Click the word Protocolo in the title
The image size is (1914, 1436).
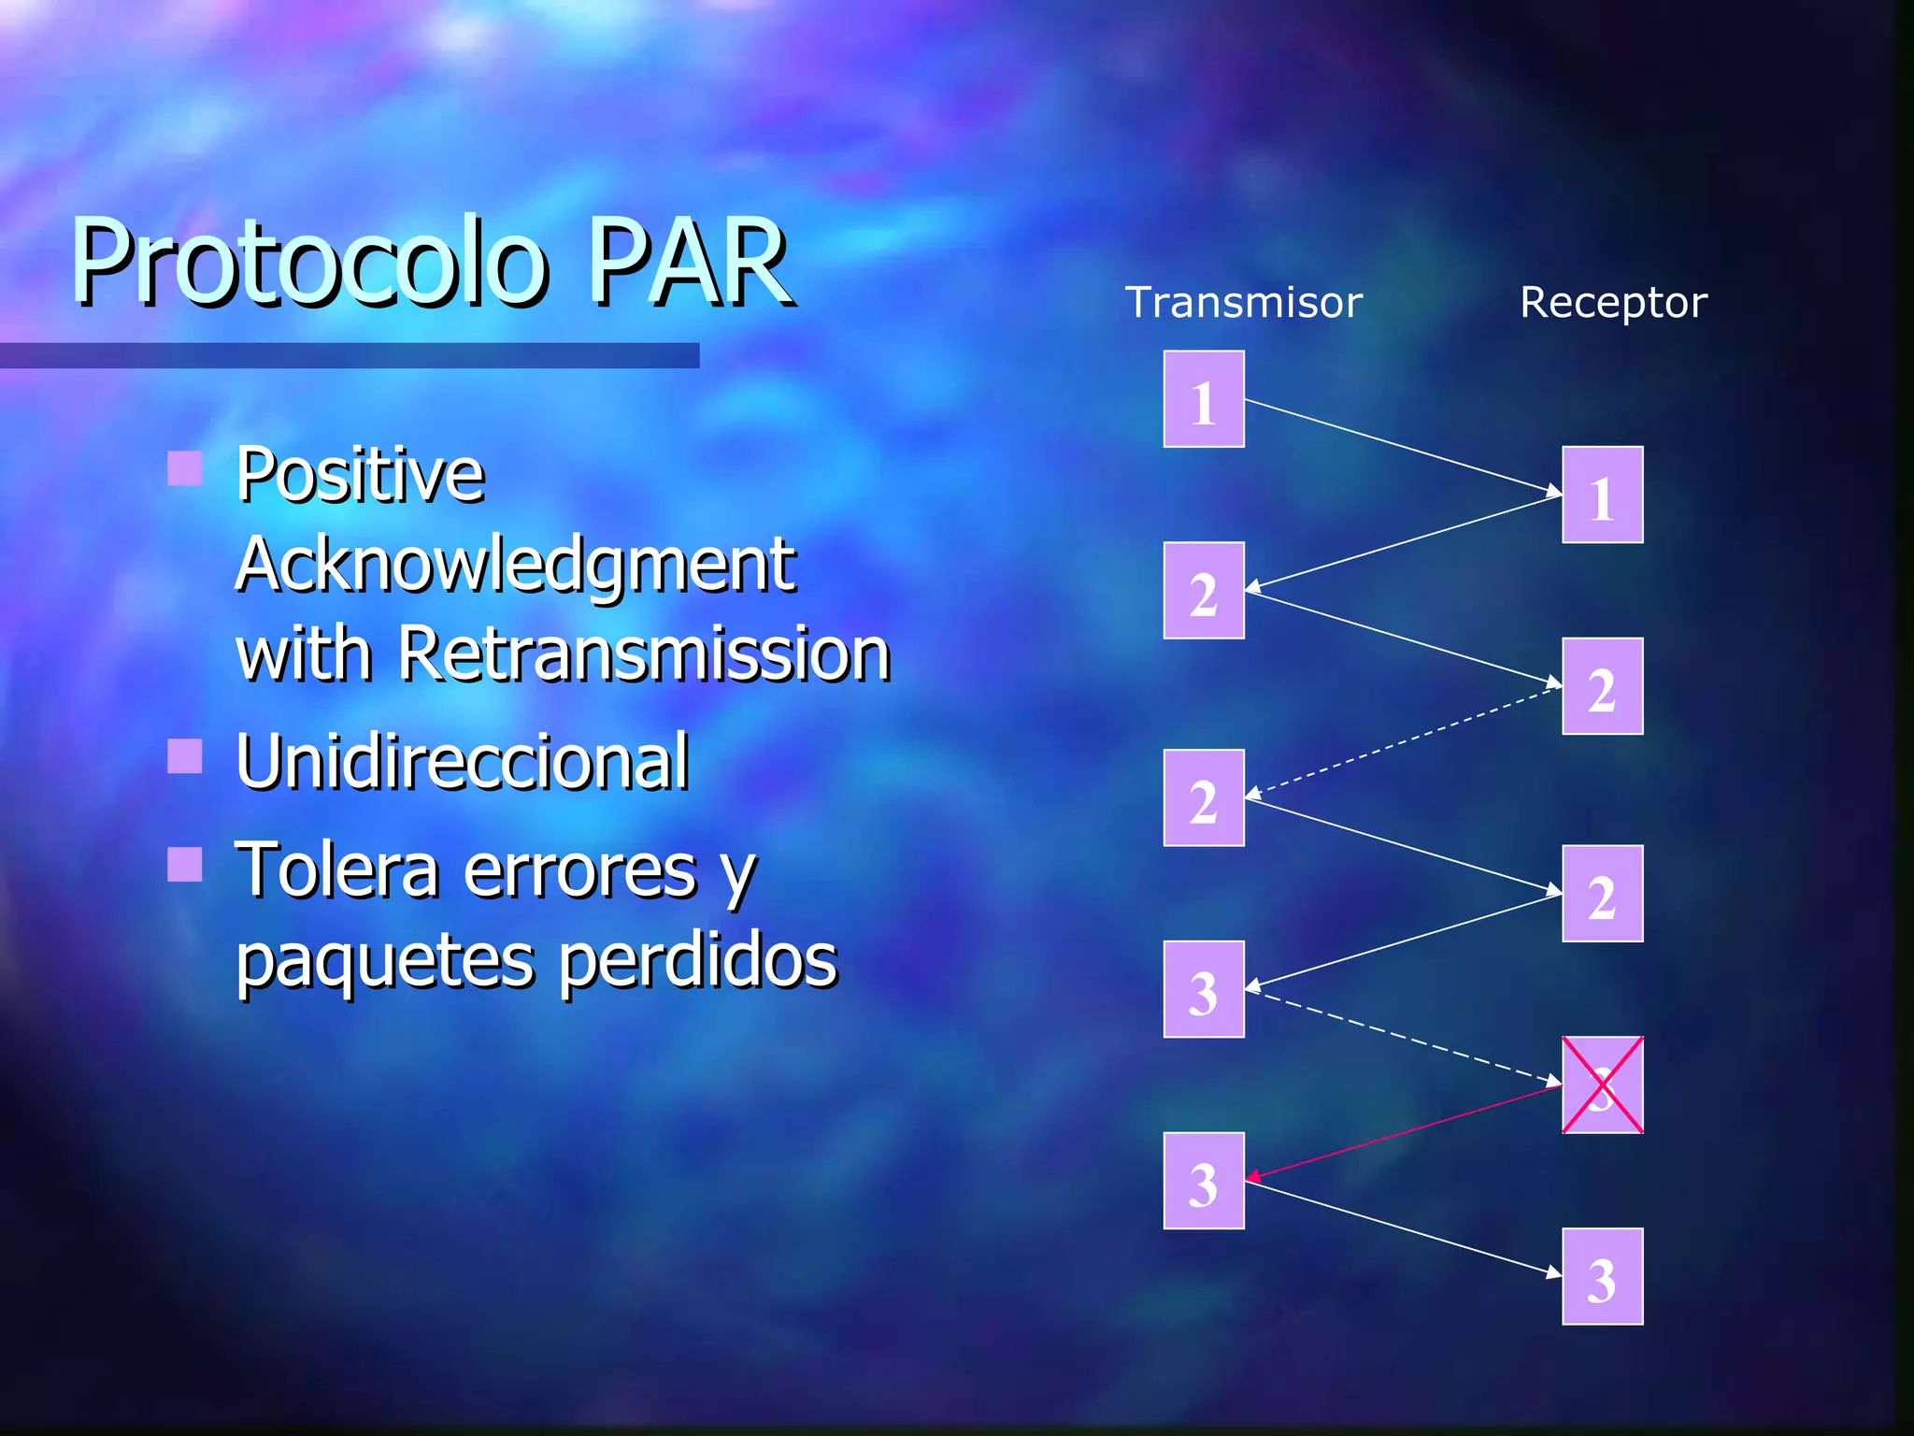[x=308, y=264]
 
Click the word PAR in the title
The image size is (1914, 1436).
[x=690, y=264]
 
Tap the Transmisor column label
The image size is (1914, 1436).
[x=1243, y=303]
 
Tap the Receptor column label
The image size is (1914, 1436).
[x=1613, y=303]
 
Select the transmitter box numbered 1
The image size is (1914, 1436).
[x=1204, y=400]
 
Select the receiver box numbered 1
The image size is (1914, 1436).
[x=1602, y=495]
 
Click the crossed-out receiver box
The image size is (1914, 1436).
[x=1602, y=1085]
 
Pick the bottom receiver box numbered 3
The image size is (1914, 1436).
[x=1602, y=1277]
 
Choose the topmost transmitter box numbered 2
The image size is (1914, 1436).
[x=1204, y=591]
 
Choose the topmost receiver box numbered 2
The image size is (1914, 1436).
[x=1602, y=687]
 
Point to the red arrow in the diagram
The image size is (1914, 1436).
[x=1402, y=1130]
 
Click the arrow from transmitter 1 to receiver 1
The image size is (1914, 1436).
[x=1402, y=446]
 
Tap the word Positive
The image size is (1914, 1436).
[x=360, y=475]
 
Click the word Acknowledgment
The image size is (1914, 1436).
[x=515, y=565]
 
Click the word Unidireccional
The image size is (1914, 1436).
[x=463, y=762]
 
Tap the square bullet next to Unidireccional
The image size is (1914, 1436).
[x=185, y=756]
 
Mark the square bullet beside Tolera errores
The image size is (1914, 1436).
[x=185, y=865]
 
